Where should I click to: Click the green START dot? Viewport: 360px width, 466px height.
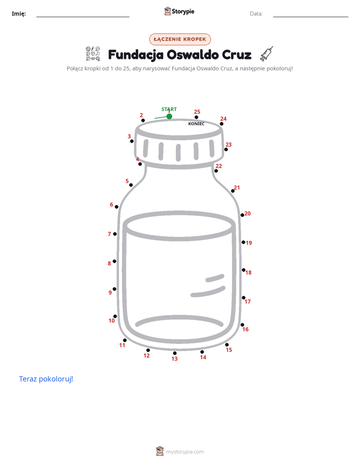(x=169, y=116)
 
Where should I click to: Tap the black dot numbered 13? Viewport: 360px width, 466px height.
(x=174, y=353)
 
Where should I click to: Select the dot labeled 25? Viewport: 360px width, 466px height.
(x=196, y=117)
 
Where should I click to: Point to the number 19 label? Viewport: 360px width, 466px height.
(x=249, y=243)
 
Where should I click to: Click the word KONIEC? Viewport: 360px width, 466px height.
(x=196, y=124)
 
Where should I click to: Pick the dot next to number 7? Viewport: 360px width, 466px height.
(x=115, y=234)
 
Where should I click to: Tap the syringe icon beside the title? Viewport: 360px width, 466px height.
(x=266, y=54)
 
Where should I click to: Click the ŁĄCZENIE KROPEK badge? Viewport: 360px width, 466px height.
(x=180, y=39)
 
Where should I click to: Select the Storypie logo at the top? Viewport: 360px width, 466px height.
(x=179, y=11)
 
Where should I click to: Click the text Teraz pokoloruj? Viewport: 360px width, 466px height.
(x=46, y=379)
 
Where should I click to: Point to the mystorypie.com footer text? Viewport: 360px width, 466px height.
(x=185, y=452)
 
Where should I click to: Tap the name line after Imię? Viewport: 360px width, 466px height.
(x=83, y=17)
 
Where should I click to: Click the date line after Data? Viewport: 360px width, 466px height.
(x=311, y=17)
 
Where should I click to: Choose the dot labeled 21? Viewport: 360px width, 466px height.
(x=233, y=191)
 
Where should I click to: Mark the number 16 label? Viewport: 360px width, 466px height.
(x=246, y=329)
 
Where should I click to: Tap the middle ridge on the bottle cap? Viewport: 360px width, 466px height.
(x=178, y=152)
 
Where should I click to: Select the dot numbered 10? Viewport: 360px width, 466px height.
(x=115, y=316)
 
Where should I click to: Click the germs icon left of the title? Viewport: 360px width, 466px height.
(x=93, y=53)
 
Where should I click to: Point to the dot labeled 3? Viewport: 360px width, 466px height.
(x=132, y=141)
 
